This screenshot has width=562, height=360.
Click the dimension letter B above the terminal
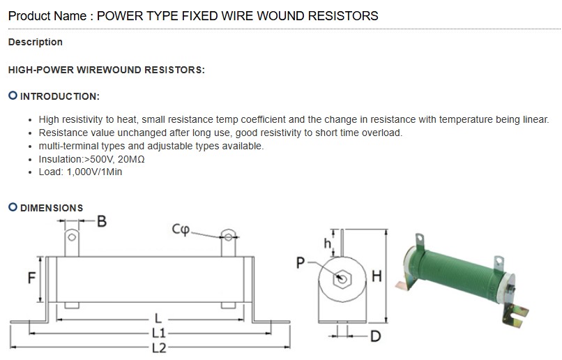[x=101, y=222]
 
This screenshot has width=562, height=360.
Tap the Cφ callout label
[x=180, y=230]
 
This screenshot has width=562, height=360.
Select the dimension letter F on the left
[x=31, y=278]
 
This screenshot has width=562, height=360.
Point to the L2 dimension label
[x=159, y=347]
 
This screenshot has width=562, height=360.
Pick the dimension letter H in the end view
[x=377, y=276]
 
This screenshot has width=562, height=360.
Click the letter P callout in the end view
[x=301, y=262]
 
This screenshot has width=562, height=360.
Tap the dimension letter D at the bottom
[x=375, y=337]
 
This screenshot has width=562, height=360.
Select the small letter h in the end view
[x=327, y=243]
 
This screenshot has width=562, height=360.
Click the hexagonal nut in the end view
[x=342, y=278]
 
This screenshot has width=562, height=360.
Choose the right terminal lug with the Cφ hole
[x=227, y=243]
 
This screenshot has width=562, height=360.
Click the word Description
[x=36, y=42]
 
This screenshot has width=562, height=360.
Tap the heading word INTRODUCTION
[x=60, y=96]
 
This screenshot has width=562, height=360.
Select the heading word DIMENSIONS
[x=52, y=208]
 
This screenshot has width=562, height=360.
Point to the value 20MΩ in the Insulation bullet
[x=132, y=159]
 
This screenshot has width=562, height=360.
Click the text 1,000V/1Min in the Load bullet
[x=94, y=172]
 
